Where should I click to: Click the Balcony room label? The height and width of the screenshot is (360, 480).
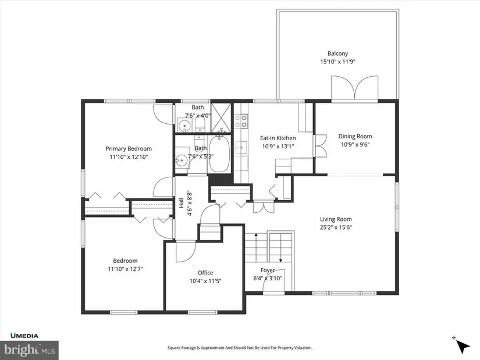[x=337, y=54]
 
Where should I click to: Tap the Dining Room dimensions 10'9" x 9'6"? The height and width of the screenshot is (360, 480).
[x=355, y=144]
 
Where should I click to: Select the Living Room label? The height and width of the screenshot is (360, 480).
[x=336, y=219]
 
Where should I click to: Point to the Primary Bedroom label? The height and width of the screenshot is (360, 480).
[x=129, y=149]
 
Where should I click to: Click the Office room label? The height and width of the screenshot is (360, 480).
[x=205, y=273]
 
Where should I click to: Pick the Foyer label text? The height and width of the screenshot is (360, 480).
[x=268, y=270]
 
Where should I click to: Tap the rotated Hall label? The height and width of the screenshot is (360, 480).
[x=181, y=204]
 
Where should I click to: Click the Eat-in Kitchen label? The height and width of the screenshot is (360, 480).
[x=278, y=138]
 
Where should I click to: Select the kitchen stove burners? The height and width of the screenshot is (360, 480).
[x=241, y=120]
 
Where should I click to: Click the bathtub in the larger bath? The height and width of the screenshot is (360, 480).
[x=219, y=154]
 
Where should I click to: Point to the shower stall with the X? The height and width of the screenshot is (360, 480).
[x=221, y=118]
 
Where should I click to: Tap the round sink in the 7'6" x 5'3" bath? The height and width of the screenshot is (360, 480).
[x=182, y=160]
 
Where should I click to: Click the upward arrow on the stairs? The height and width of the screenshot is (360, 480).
[x=256, y=240]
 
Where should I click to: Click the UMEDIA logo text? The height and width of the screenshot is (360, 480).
[x=24, y=336]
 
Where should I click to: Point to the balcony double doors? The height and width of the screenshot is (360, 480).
[x=354, y=88]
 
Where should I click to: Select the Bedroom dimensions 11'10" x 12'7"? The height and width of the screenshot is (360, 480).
[x=125, y=269]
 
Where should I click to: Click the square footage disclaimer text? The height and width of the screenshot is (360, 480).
[x=240, y=348]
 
